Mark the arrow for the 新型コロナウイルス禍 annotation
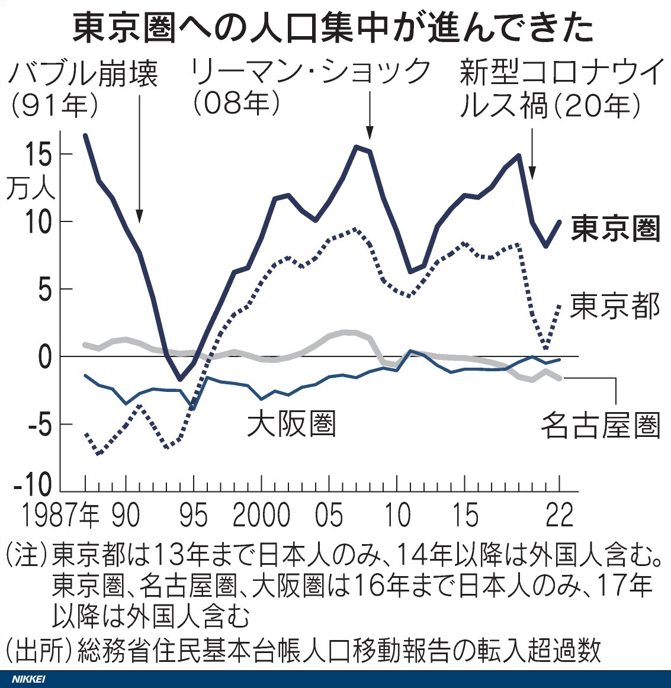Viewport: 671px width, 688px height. click(x=532, y=151)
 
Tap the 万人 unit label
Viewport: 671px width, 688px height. click(x=30, y=189)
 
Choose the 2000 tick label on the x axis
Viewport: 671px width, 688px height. click(x=261, y=516)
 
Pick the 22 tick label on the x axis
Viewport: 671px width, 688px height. click(x=560, y=516)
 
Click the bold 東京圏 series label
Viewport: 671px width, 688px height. click(x=615, y=229)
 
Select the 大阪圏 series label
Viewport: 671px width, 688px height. click(x=291, y=424)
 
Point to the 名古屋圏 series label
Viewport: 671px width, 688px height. click(x=600, y=425)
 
